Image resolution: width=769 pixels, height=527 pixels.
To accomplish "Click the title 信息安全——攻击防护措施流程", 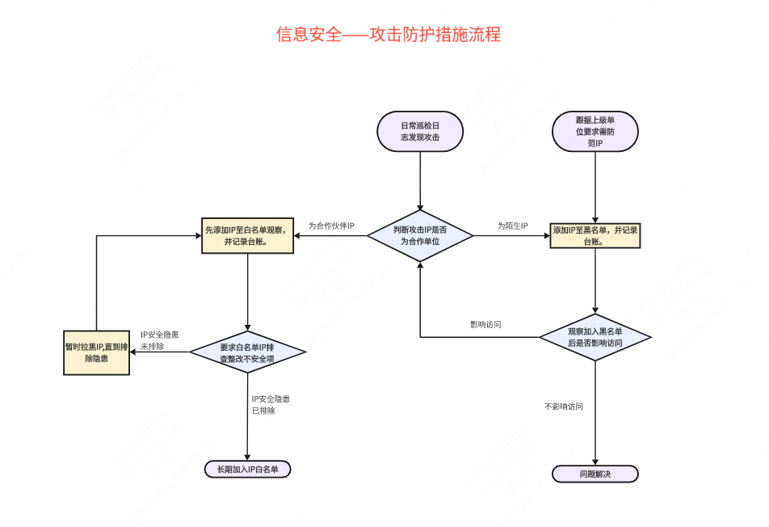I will [x=388, y=35].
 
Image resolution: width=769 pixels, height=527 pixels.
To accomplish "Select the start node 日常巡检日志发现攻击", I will [x=420, y=132].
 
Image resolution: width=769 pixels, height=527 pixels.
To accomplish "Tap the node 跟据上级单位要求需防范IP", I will [x=595, y=132].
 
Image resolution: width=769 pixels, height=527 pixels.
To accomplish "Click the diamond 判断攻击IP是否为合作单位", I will [x=420, y=235].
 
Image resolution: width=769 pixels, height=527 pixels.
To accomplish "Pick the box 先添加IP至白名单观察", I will [x=247, y=235].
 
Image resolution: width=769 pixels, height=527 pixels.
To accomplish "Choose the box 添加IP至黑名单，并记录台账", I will [x=595, y=235].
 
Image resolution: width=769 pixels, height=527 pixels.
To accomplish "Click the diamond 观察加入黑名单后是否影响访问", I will [x=595, y=337].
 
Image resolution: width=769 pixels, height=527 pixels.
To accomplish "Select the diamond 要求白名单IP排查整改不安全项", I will [x=247, y=352].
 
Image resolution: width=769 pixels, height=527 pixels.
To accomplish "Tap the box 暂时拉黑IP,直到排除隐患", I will [x=97, y=352].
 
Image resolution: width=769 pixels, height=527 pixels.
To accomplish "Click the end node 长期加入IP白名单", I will [x=247, y=470].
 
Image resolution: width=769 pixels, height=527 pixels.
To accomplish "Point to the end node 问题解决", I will [x=595, y=474].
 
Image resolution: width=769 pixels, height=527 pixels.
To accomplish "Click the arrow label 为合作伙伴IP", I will [x=331, y=226].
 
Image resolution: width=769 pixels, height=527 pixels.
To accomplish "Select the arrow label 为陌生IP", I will [x=512, y=226].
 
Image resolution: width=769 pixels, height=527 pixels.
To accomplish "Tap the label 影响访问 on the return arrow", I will [x=486, y=324].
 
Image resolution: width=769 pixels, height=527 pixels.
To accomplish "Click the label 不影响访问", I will [x=564, y=407].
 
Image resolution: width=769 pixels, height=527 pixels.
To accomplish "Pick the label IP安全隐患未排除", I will [x=159, y=340].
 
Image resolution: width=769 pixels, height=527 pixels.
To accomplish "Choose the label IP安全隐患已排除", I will [x=271, y=405].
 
